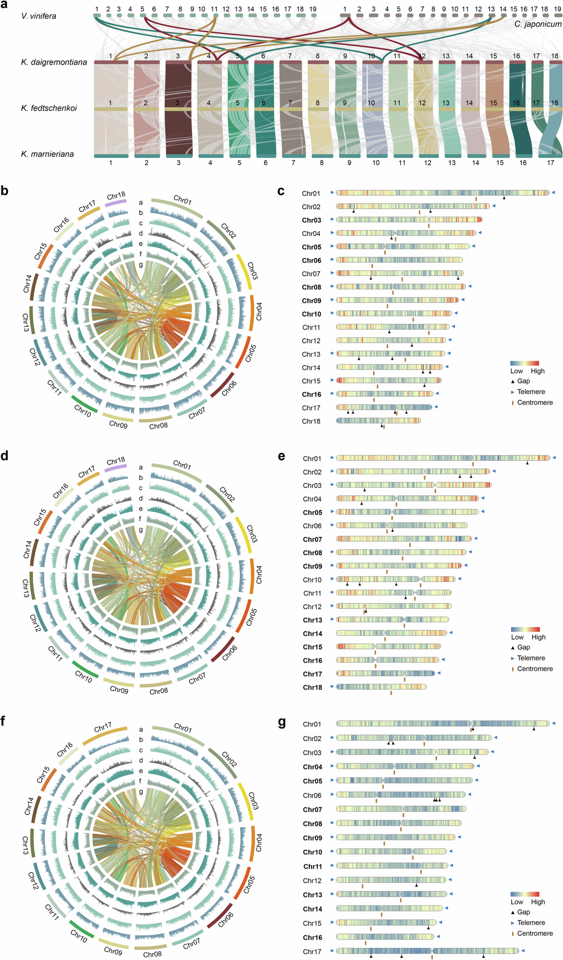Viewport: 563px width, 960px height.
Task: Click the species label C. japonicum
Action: (x=538, y=24)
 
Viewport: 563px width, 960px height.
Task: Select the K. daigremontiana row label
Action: (x=54, y=62)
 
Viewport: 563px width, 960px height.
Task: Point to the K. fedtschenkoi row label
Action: (x=49, y=108)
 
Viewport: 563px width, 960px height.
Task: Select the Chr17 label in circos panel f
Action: (x=103, y=728)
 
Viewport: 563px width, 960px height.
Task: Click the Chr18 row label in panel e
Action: (x=312, y=687)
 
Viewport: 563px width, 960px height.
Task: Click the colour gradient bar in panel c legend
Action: (x=524, y=363)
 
